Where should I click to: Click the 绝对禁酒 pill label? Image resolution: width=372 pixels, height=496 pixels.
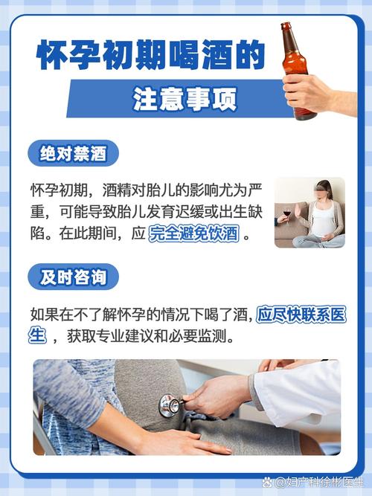[x=74, y=155]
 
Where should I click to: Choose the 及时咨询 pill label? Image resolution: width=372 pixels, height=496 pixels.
[x=74, y=278]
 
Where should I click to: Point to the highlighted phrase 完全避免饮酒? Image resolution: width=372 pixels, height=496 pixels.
[x=193, y=233]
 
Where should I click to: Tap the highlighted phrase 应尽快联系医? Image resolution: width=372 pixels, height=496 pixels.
[x=301, y=315]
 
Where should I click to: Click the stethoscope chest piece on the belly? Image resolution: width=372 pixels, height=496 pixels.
[x=169, y=405]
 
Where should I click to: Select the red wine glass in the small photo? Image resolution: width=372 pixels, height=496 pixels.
[x=286, y=216]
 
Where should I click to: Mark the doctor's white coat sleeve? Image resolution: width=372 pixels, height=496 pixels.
[x=298, y=395]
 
